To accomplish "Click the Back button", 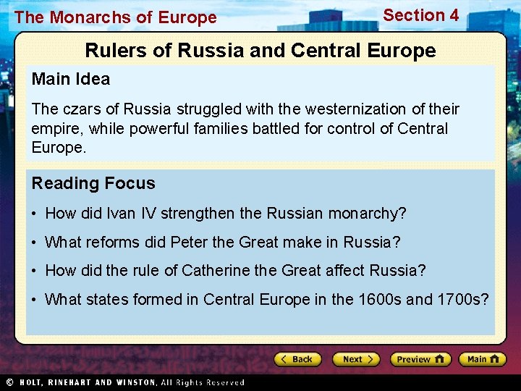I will click(298, 359).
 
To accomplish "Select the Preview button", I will click(420, 359).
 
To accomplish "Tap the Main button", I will click(483, 359).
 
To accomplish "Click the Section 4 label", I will click(420, 15).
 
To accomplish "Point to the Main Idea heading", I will click(71, 80).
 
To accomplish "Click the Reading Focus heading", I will click(93, 183).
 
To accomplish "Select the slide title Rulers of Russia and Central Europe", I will click(260, 51).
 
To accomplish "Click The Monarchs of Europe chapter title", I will click(115, 17).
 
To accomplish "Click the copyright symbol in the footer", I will click(9, 382).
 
